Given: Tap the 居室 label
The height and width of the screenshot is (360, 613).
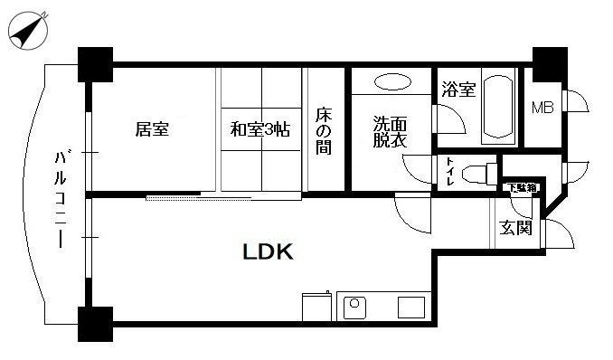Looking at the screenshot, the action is tap(152, 129).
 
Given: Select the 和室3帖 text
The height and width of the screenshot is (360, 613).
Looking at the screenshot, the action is tap(259, 129).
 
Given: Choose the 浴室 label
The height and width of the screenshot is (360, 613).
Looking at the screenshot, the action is tap(458, 90).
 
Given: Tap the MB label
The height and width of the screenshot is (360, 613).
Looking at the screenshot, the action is tap(542, 108).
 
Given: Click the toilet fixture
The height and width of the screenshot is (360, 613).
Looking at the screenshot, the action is tap(479, 171).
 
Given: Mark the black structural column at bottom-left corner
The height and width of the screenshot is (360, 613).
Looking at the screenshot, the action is tap(94, 324).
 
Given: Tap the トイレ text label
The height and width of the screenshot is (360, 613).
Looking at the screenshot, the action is tap(448, 171).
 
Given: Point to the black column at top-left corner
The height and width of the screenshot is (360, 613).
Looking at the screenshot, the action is tap(94, 63).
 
